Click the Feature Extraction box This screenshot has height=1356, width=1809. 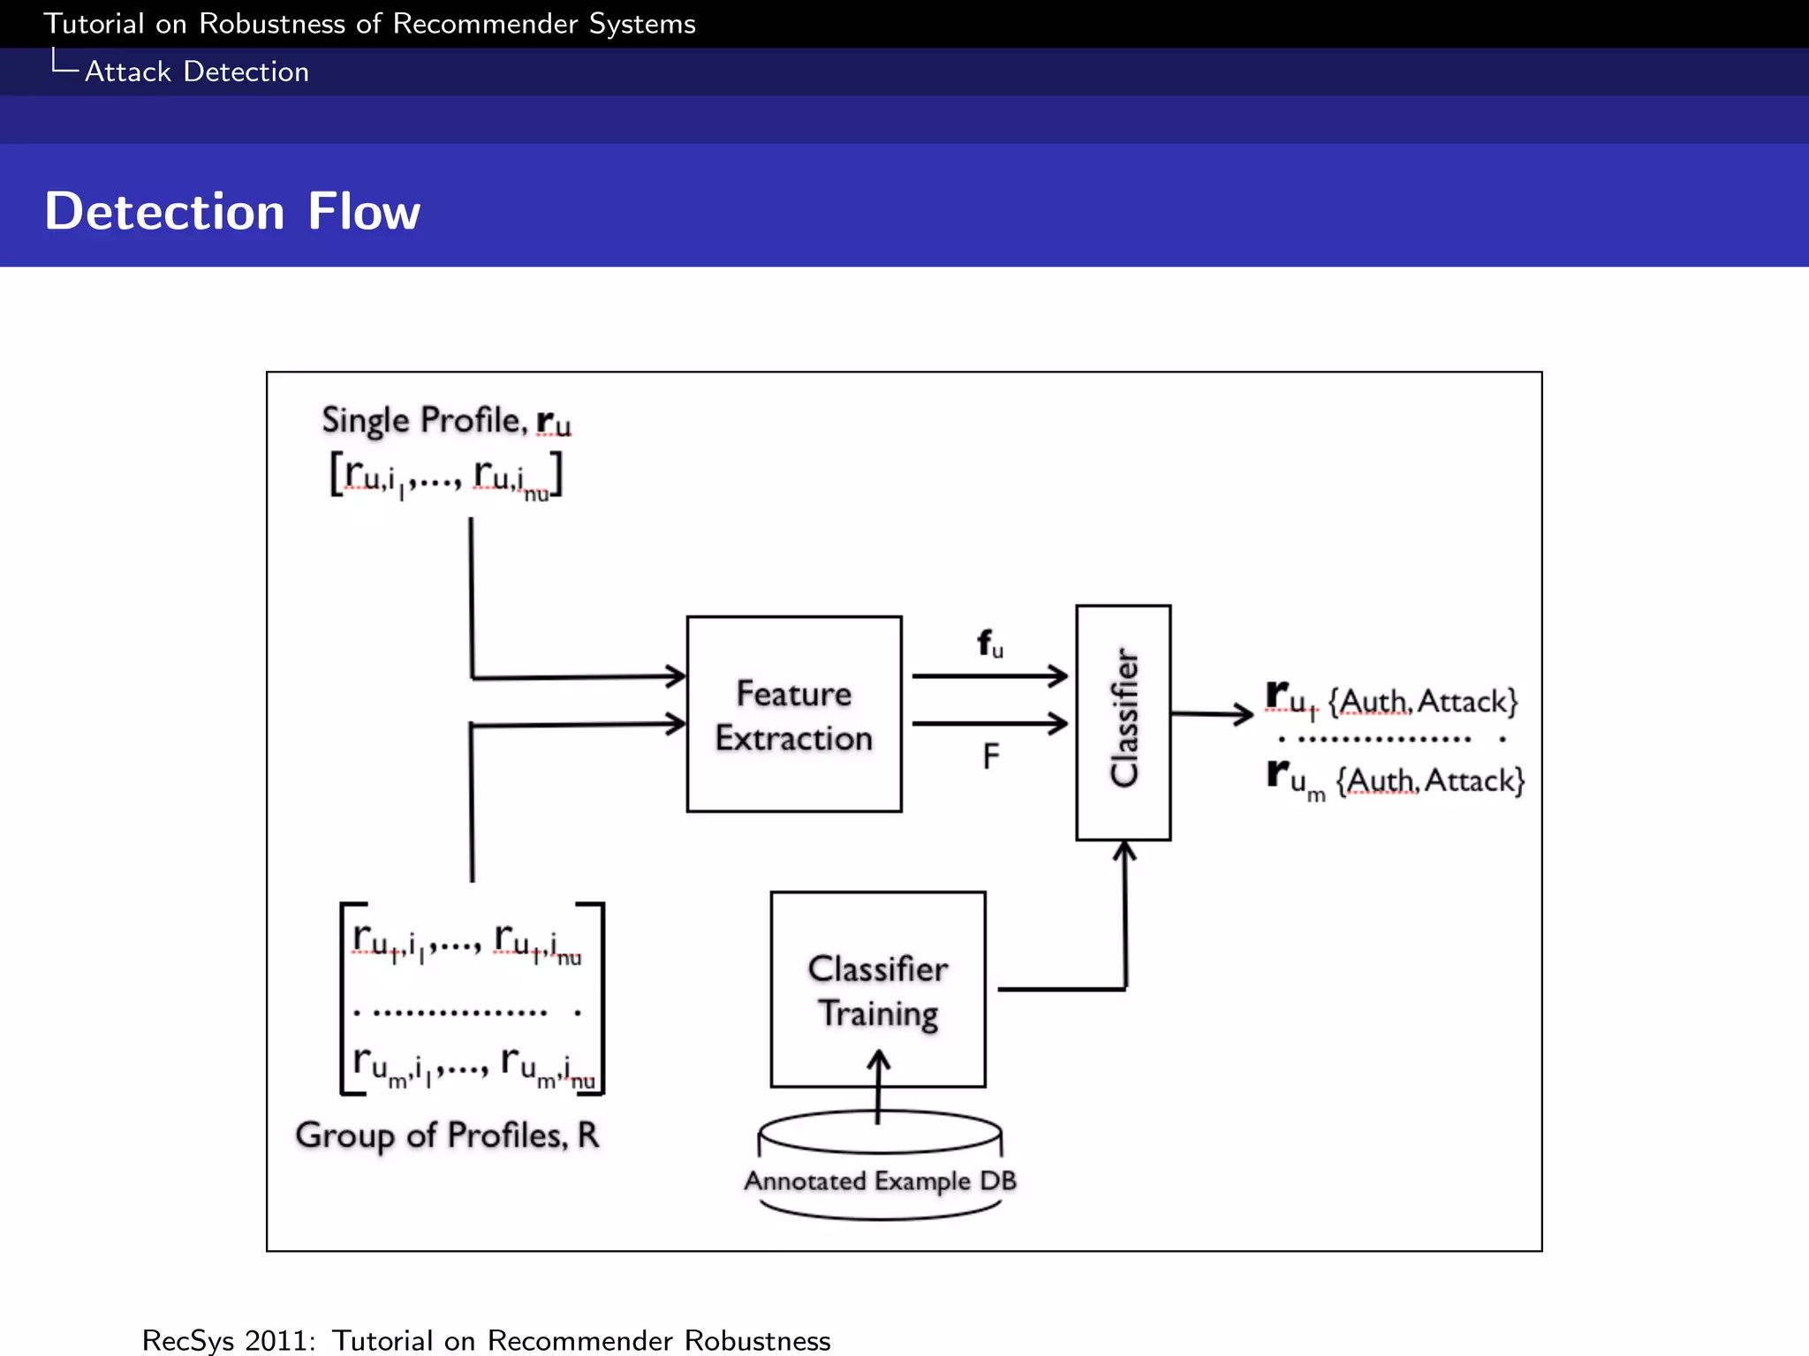[x=793, y=714]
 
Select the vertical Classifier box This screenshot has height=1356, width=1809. [x=1123, y=721]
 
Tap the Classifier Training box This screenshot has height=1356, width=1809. [x=877, y=989]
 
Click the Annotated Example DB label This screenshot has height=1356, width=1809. [x=880, y=1180]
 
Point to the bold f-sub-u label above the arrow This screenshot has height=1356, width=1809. [x=989, y=644]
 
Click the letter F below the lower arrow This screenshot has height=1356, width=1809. [x=990, y=757]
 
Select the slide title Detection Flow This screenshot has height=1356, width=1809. [x=232, y=212]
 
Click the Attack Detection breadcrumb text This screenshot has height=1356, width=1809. [x=196, y=72]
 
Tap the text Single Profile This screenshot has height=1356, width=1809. [x=423, y=420]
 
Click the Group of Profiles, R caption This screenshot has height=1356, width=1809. [x=447, y=1135]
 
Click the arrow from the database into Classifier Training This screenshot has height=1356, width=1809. [x=878, y=1086]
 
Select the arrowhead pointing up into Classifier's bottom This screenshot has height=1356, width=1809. [x=1124, y=851]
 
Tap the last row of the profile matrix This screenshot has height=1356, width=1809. [x=473, y=1066]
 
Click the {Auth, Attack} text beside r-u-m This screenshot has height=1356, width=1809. [x=1430, y=781]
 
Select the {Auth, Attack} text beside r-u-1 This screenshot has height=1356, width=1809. [x=1423, y=702]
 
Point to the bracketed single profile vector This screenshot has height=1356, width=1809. [x=446, y=476]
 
